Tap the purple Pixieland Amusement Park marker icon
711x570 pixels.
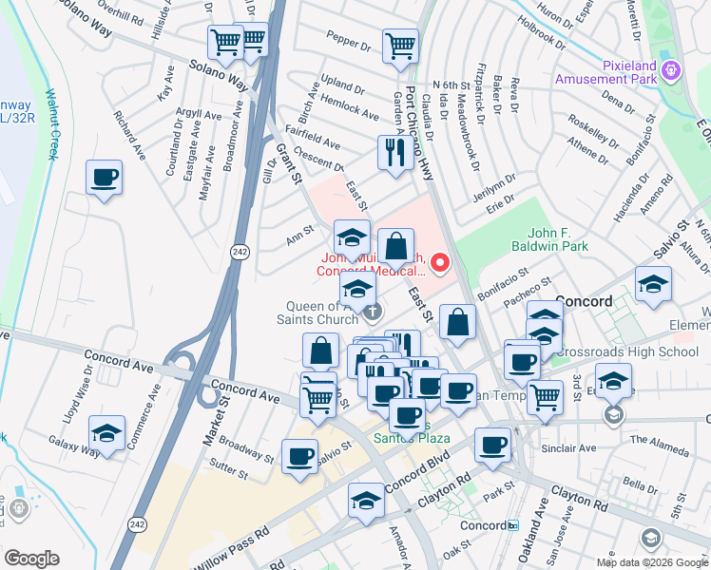pos(672,68)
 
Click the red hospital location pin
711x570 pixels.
pos(440,262)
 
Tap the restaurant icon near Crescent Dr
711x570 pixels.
pos(394,152)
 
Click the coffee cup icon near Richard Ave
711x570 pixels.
pos(105,177)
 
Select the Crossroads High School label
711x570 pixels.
pos(627,352)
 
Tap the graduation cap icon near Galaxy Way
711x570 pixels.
pos(107,434)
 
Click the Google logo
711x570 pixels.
pos(30,559)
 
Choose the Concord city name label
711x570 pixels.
pos(584,301)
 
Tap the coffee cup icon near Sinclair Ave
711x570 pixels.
pos(492,446)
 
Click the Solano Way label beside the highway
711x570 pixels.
pos(219,76)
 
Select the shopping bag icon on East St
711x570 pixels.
pos(458,321)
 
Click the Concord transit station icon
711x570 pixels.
pos(512,525)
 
